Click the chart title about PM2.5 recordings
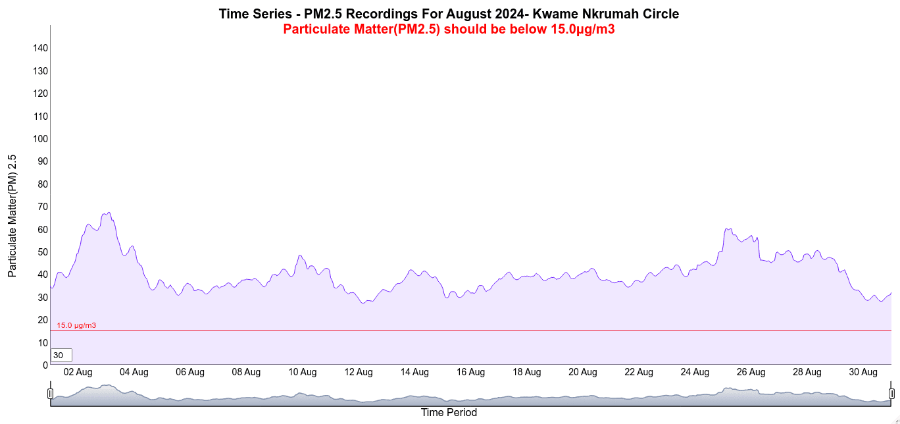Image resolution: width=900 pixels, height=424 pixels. pyautogui.click(x=449, y=14)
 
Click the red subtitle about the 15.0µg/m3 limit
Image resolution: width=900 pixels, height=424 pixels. pyautogui.click(x=449, y=30)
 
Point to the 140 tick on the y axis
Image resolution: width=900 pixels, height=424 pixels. pyautogui.click(x=41, y=48)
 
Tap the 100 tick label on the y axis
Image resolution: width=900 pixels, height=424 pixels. pyautogui.click(x=41, y=139)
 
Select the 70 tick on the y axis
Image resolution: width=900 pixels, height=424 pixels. pyautogui.click(x=43, y=207)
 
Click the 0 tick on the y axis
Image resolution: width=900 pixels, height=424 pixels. pyautogui.click(x=45, y=365)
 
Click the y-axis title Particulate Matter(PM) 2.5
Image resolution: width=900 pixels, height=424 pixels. pyautogui.click(x=12, y=216)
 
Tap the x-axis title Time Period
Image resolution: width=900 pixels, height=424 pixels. pyautogui.click(x=449, y=413)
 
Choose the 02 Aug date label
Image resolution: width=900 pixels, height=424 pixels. pyautogui.click(x=78, y=373)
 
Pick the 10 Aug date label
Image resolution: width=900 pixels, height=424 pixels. pyautogui.click(x=302, y=373)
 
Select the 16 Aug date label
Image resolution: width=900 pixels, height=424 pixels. pyautogui.click(x=470, y=373)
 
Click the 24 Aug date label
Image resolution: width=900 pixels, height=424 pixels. pyautogui.click(x=695, y=373)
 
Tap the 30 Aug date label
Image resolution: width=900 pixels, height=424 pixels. pyautogui.click(x=863, y=373)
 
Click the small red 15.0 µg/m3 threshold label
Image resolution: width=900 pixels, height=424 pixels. pyautogui.click(x=76, y=325)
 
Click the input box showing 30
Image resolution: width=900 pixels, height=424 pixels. pyautogui.click(x=61, y=356)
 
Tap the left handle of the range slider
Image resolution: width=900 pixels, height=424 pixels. pyautogui.click(x=50, y=394)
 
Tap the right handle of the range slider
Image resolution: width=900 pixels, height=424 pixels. pyautogui.click(x=892, y=394)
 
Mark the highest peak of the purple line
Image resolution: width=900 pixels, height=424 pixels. pyautogui.click(x=109, y=213)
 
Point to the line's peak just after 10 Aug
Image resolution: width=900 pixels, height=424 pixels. pyautogui.click(x=300, y=255)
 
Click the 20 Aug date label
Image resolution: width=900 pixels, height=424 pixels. pyautogui.click(x=583, y=373)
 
